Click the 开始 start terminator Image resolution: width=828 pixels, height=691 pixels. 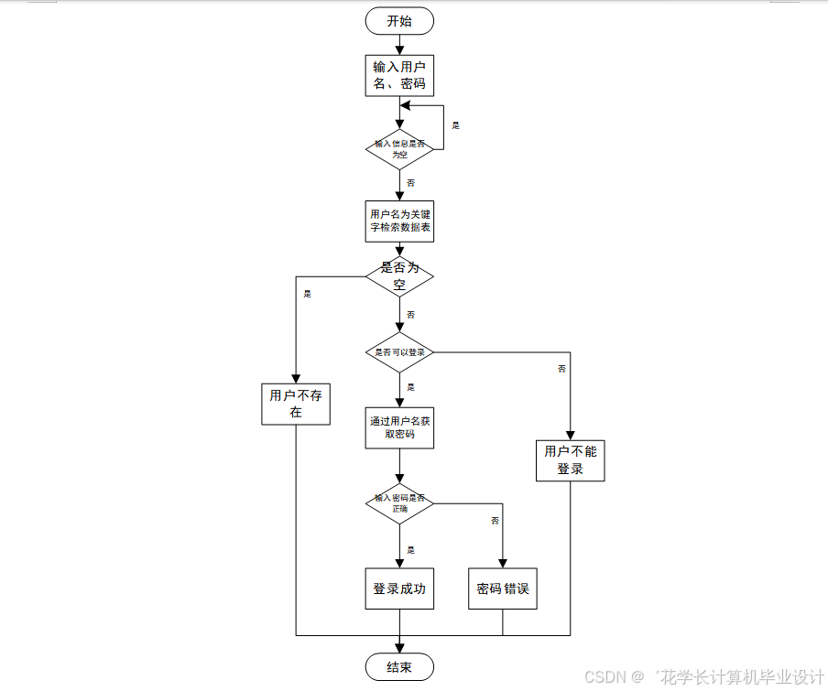pyautogui.click(x=399, y=21)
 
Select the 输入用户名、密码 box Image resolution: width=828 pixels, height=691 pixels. pyautogui.click(x=399, y=75)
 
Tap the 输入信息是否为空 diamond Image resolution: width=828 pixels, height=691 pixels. pyautogui.click(x=399, y=149)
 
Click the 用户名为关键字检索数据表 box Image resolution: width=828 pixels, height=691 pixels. pyautogui.click(x=399, y=221)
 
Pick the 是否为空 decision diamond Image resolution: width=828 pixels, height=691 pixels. pyautogui.click(x=399, y=275)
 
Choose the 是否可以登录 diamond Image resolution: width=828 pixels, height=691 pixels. pyautogui.click(x=399, y=352)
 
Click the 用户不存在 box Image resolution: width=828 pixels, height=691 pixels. pyautogui.click(x=296, y=404)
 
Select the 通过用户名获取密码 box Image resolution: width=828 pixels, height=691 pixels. pyautogui.click(x=399, y=427)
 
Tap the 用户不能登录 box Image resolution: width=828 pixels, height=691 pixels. pyautogui.click(x=570, y=460)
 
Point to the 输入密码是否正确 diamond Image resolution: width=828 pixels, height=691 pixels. pyautogui.click(x=399, y=503)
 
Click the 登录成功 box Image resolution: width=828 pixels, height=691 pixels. pyautogui.click(x=399, y=589)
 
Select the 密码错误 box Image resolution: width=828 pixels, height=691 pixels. pyautogui.click(x=503, y=589)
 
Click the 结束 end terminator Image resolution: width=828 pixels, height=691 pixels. pyautogui.click(x=399, y=667)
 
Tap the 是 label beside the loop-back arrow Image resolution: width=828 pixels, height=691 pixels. pyautogui.click(x=455, y=125)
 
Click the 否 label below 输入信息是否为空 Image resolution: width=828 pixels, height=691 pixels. pyautogui.click(x=410, y=183)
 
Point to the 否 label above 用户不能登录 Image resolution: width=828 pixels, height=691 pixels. pyautogui.click(x=561, y=369)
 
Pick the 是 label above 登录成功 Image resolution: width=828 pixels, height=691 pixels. pyautogui.click(x=410, y=550)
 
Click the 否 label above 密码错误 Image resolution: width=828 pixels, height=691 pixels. pyautogui.click(x=495, y=521)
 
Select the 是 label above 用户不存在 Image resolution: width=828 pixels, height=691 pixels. pyautogui.click(x=307, y=294)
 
